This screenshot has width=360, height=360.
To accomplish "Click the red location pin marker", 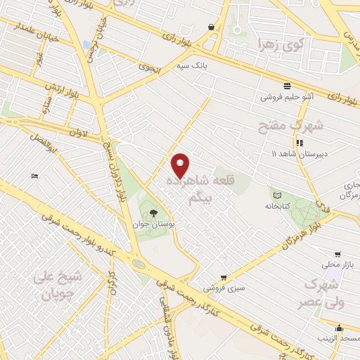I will point(181,165).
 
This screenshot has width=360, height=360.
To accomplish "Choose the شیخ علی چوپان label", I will point(57,285).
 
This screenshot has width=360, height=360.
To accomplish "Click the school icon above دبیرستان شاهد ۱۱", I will point(299,143).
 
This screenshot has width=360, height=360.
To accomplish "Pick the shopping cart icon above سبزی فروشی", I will point(223,278).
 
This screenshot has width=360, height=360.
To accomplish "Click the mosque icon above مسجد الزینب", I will point(340,327).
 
